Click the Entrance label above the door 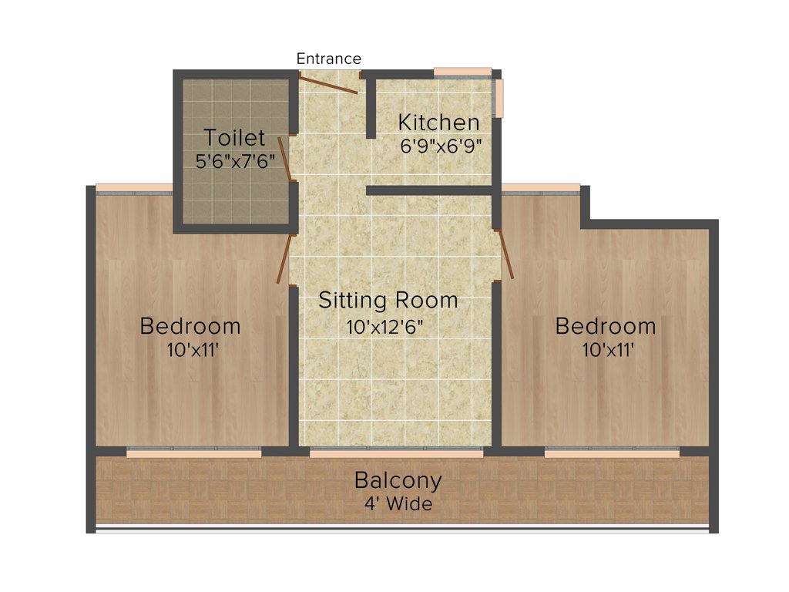click(328, 59)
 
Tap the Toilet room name click(234, 139)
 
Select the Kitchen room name click(438, 123)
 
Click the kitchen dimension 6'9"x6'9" click(441, 146)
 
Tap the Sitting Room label click(388, 300)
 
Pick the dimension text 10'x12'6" click(385, 326)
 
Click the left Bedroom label click(190, 326)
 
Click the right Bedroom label click(606, 326)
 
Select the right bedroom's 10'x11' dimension click(608, 350)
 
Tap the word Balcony click(398, 480)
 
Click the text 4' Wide click(398, 505)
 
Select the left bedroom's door click(285, 258)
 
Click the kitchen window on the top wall click(462, 72)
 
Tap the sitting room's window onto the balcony click(396, 452)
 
